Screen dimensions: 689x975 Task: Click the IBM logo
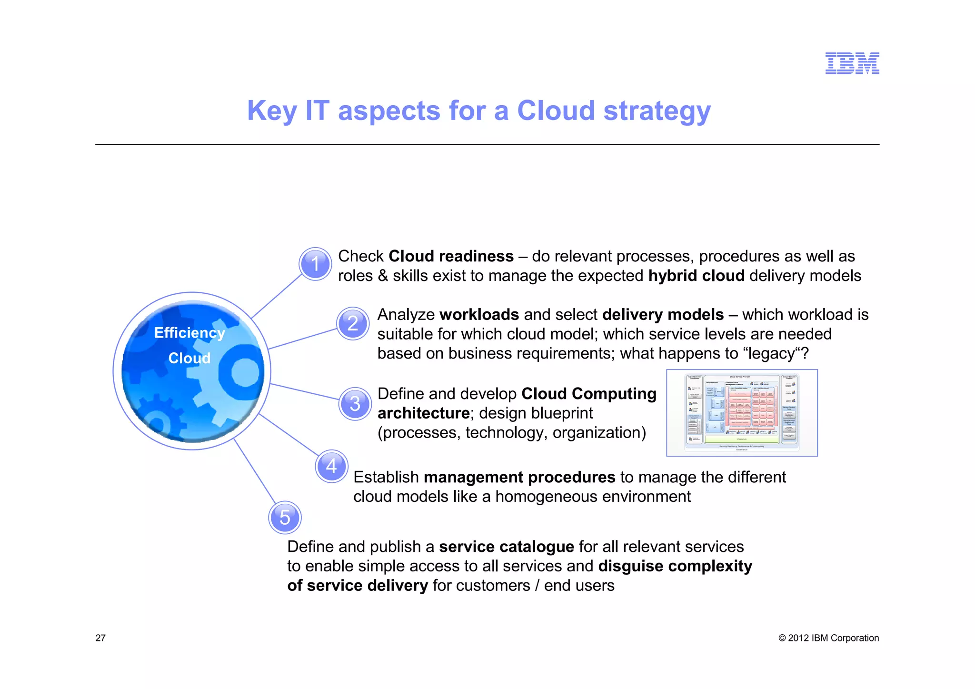[852, 63]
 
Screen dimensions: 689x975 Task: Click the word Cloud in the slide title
[556, 110]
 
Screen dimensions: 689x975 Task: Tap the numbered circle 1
[315, 264]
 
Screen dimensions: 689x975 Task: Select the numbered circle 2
[353, 323]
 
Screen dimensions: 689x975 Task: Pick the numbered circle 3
[355, 404]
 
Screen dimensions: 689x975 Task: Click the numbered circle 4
[331, 466]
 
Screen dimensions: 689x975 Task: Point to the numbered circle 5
[285, 518]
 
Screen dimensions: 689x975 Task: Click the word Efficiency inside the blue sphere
[189, 333]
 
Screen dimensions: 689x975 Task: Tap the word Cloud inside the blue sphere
[189, 358]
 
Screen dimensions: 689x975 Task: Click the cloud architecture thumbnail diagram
[742, 413]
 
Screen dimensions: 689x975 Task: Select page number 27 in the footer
[100, 638]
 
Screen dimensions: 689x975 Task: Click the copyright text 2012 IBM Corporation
[828, 638]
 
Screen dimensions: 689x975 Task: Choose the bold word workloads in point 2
[479, 315]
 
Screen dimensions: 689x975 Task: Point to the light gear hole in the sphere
[245, 372]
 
